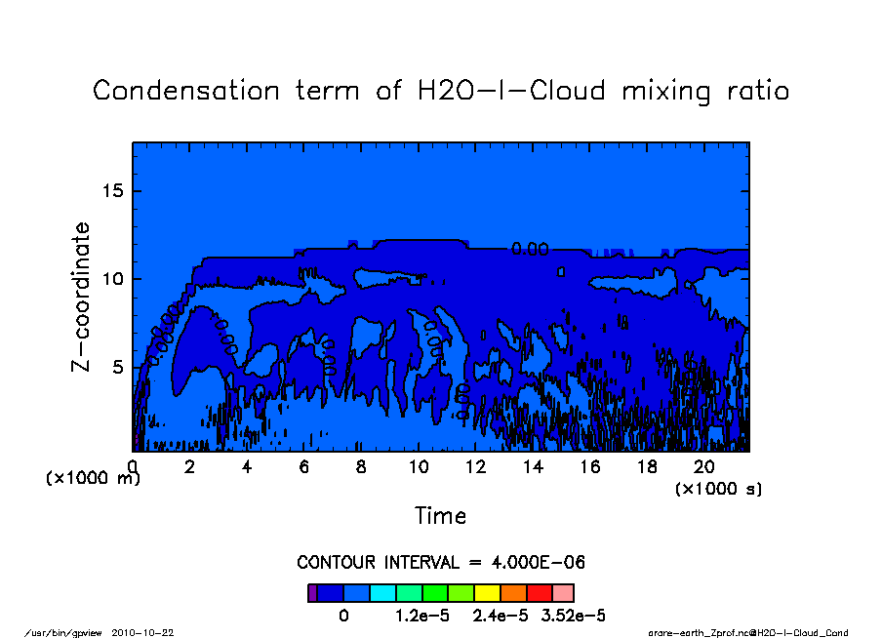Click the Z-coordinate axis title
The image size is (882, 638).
(x=82, y=297)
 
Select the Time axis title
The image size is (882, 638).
(x=441, y=516)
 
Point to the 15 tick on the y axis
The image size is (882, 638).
(x=113, y=190)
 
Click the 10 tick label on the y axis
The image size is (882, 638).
(x=113, y=279)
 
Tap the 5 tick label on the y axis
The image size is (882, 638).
(x=119, y=368)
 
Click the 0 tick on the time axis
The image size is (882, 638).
(x=133, y=467)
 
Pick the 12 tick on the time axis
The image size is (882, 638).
(x=475, y=467)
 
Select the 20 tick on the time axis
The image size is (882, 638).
(x=704, y=467)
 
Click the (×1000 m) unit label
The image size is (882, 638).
(x=94, y=479)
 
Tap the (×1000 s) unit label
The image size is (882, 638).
(x=719, y=489)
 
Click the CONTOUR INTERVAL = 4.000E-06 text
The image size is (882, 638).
(x=441, y=563)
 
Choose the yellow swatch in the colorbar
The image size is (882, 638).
(x=487, y=592)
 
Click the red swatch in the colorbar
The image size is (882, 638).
(x=539, y=592)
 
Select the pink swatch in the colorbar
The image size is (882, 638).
(x=563, y=592)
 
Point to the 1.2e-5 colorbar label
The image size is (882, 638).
(x=421, y=616)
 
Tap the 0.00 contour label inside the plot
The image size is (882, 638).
(x=530, y=250)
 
